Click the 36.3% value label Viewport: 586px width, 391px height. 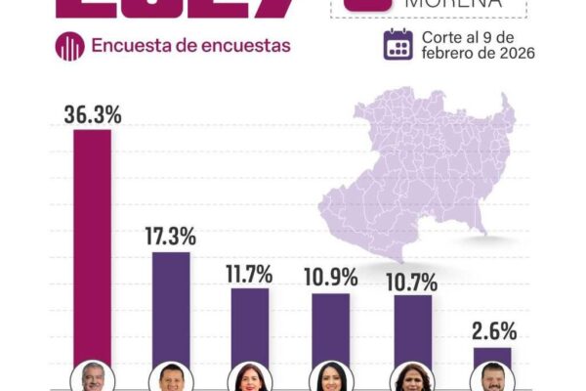coord(93,114)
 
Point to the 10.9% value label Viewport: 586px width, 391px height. coord(330,278)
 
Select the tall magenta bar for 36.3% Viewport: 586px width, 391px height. coord(93,244)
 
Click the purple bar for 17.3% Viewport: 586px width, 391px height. coord(172,308)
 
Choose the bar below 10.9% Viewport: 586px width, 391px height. coord(330,328)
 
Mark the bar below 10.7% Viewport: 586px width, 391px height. coord(412,329)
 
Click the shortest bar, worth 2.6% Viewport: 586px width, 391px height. coord(492,357)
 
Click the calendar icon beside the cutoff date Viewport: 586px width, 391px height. coord(398,45)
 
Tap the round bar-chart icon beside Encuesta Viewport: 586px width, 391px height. coord(69,46)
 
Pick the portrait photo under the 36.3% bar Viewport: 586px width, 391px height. coord(93,377)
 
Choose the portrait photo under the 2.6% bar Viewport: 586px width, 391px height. coord(492,378)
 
